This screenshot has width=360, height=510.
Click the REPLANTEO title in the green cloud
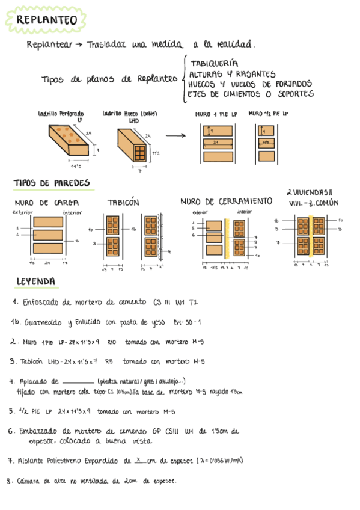tap(47, 20)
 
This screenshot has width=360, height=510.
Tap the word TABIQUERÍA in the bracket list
tap(214, 63)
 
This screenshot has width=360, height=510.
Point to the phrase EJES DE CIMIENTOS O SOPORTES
tap(250, 94)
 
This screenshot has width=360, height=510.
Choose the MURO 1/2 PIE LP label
tap(268, 113)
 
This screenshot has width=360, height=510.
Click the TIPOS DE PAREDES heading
tap(51, 183)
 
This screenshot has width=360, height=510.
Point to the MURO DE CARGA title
tap(46, 203)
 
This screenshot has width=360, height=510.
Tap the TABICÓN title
tap(123, 203)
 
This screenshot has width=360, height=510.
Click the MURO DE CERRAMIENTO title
tap(227, 201)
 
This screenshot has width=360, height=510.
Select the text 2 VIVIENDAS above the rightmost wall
tap(310, 192)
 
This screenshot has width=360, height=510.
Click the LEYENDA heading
tap(37, 281)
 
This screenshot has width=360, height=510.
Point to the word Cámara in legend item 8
tap(29, 481)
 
